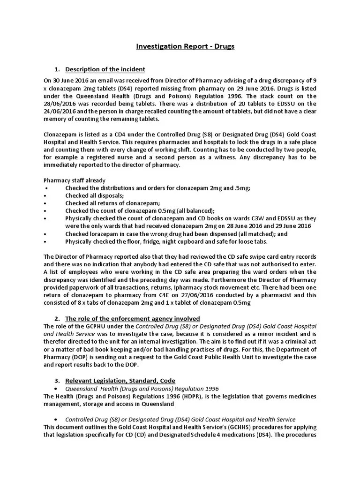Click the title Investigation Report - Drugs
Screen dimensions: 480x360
(185, 46)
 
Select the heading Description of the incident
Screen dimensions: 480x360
(105, 69)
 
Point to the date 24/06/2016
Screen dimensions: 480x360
(60, 111)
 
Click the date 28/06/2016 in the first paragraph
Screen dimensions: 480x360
(60, 104)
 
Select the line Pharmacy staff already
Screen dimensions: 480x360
(75, 180)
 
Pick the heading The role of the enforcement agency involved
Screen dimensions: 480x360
(132, 318)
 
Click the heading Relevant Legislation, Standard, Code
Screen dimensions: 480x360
(120, 380)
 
